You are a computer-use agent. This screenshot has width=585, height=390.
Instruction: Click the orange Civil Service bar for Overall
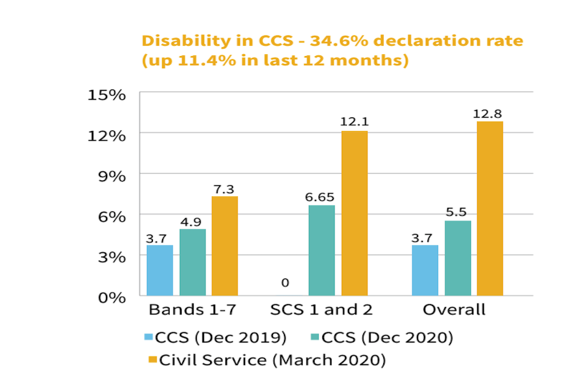point(490,208)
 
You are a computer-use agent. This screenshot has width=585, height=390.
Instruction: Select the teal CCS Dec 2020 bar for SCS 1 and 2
point(322,250)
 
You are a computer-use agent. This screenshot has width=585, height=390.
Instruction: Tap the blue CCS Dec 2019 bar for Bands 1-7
point(160,271)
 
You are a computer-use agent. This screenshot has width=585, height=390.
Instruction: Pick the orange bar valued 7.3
point(224,246)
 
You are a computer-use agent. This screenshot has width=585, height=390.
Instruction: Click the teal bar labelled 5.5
point(458,258)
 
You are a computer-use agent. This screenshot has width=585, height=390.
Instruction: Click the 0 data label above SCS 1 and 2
point(285,283)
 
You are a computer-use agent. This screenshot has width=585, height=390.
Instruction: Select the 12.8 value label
point(490,114)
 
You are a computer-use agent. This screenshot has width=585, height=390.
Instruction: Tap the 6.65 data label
point(321,197)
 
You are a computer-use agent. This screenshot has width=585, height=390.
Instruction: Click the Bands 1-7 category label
point(192,310)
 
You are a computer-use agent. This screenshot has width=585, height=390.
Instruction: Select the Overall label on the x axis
point(454,310)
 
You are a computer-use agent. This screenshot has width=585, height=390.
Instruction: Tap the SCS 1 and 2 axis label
point(321,310)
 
